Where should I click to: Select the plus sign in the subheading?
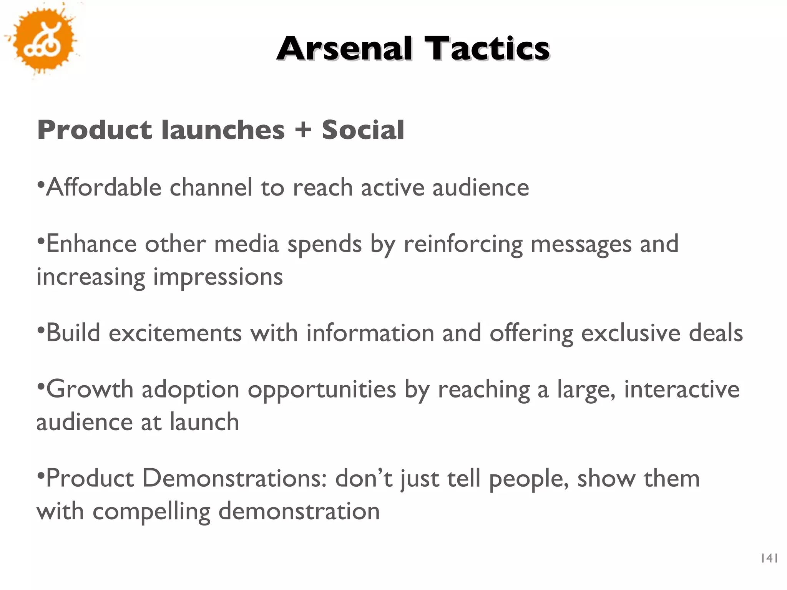(303, 129)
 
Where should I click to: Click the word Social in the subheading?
(363, 129)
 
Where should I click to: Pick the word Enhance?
(91, 244)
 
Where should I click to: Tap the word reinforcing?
(463, 245)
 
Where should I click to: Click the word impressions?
(218, 277)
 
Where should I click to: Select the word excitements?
(175, 333)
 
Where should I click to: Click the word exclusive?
(631, 333)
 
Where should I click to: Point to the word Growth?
(90, 389)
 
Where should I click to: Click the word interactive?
(682, 389)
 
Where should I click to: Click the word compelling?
(151, 512)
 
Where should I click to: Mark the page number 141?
(769, 559)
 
